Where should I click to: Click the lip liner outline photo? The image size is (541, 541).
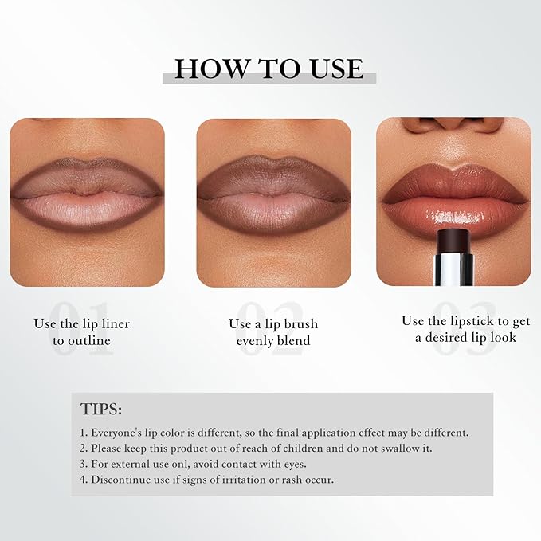click(87, 202)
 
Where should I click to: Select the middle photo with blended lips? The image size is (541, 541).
click(273, 202)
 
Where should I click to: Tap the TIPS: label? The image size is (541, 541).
click(101, 409)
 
